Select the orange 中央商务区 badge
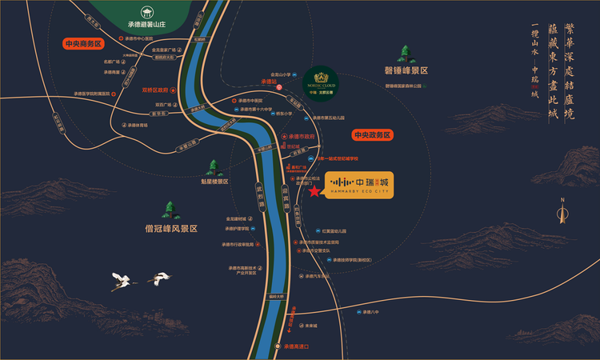pos(84,45)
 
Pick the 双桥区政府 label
pos(155,90)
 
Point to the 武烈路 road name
pos(261,193)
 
